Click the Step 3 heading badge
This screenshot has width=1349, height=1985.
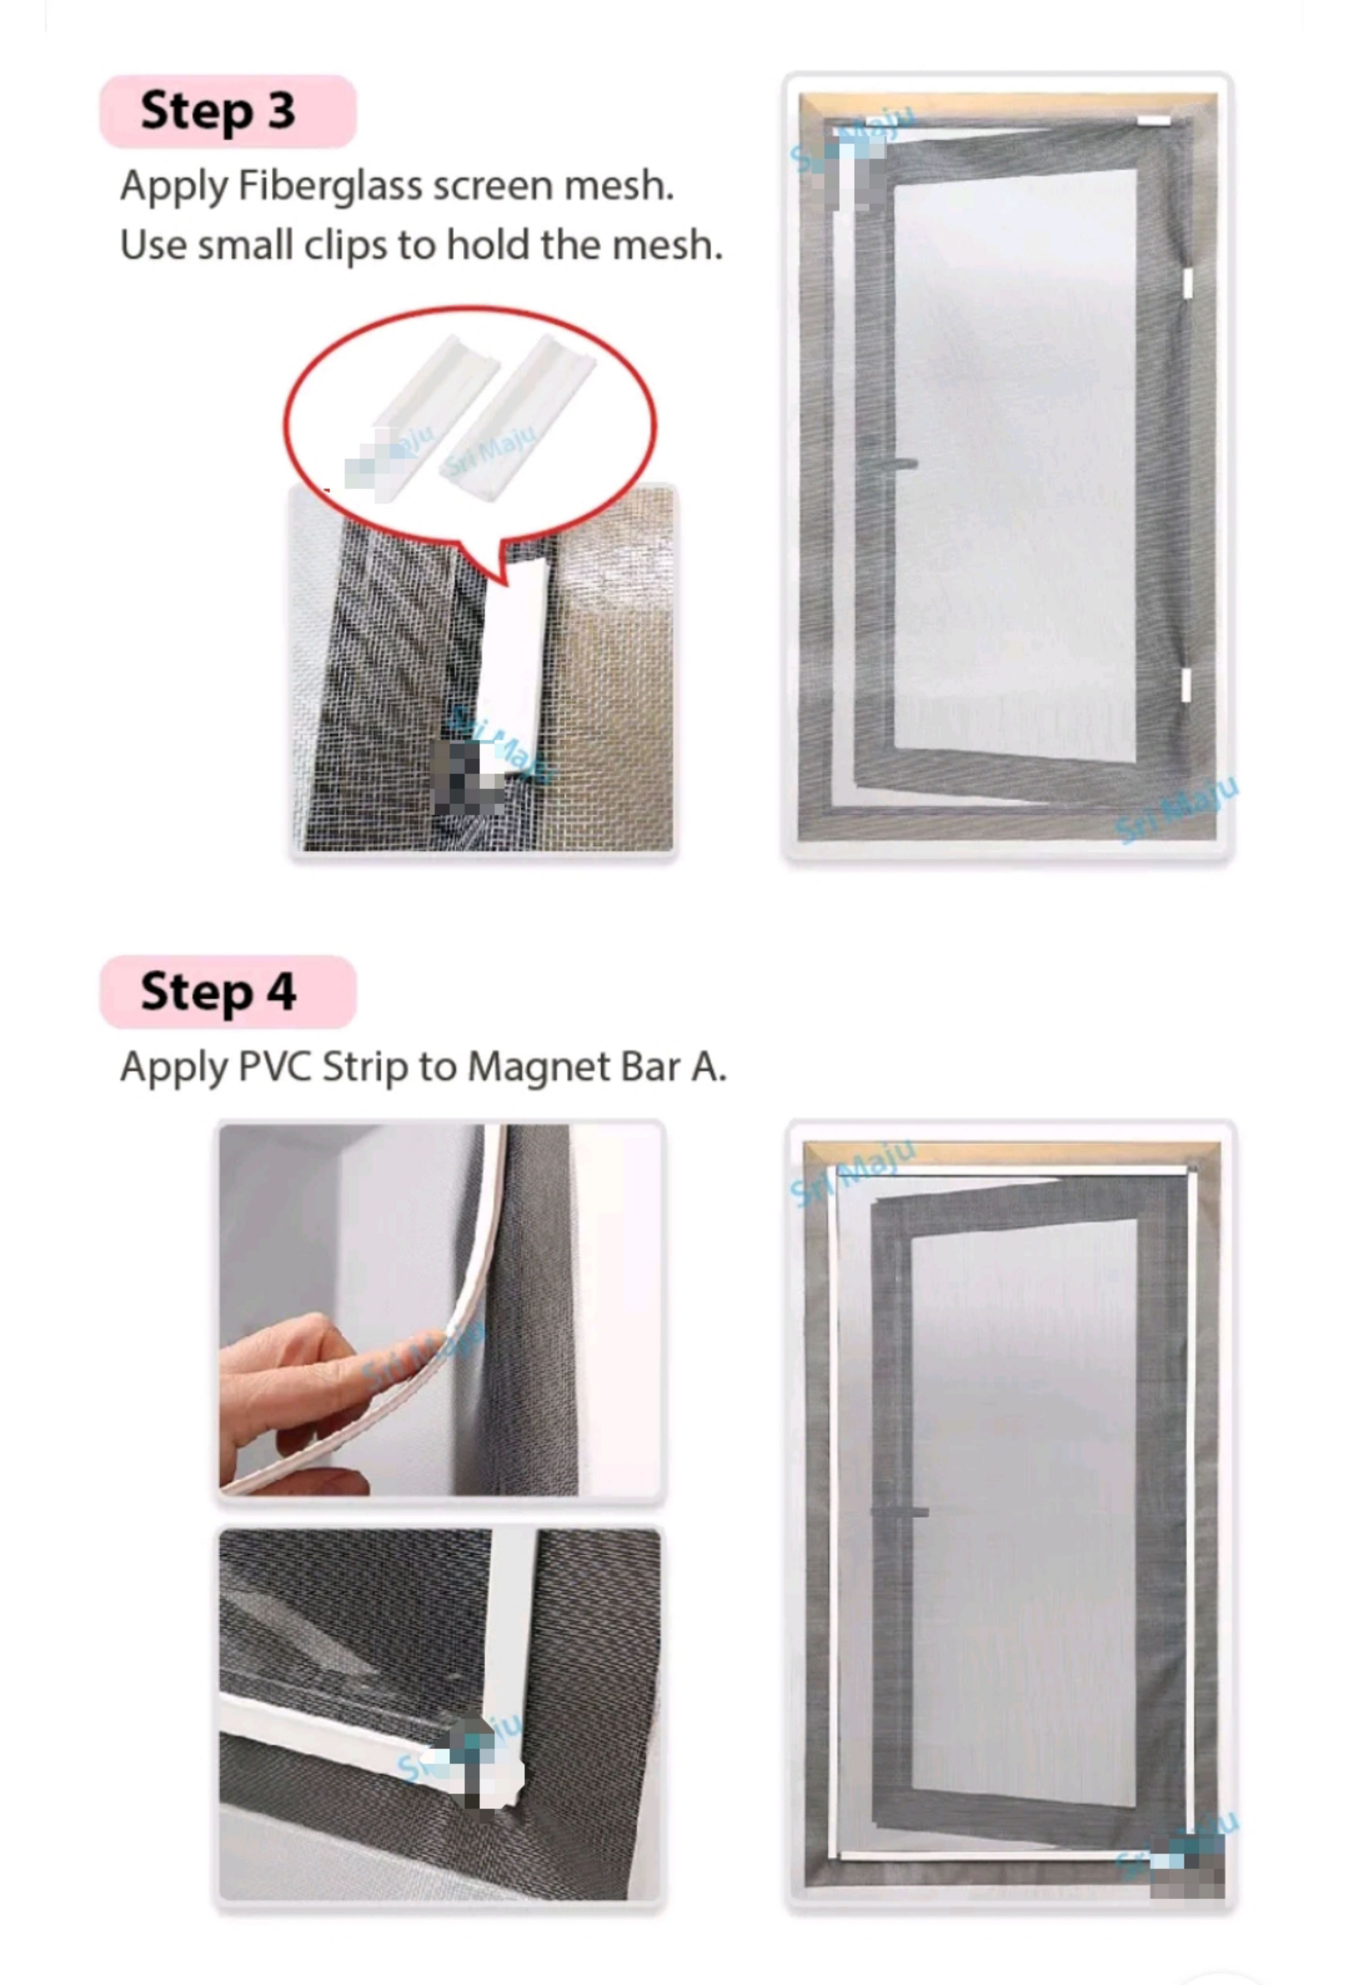coord(227,111)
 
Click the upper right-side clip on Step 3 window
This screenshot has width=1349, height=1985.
coord(1187,283)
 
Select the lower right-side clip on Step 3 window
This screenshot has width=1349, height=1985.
coord(1186,685)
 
